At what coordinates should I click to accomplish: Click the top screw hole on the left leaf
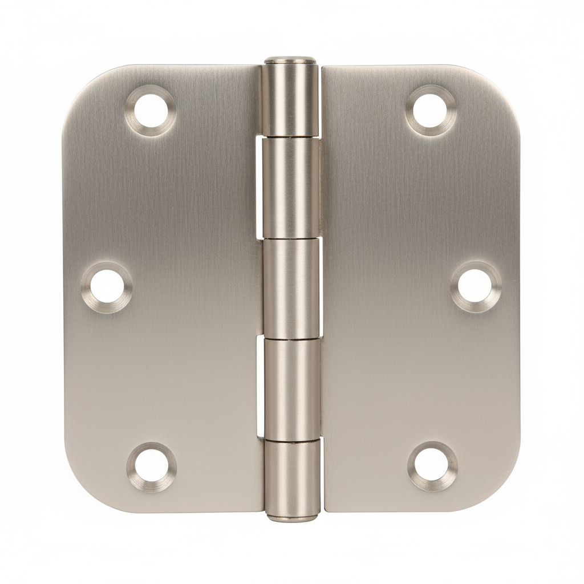pos(151,110)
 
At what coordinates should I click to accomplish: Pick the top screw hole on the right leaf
pos(431,109)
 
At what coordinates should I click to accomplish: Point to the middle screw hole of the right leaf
pos(476,286)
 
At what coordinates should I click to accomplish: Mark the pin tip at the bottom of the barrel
pos(293,517)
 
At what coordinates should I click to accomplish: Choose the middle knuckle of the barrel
pos(291,288)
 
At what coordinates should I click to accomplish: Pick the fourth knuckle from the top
pos(292,388)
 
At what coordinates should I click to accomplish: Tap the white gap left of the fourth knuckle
pos(260,388)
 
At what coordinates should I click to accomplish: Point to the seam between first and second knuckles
pos(291,137)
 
